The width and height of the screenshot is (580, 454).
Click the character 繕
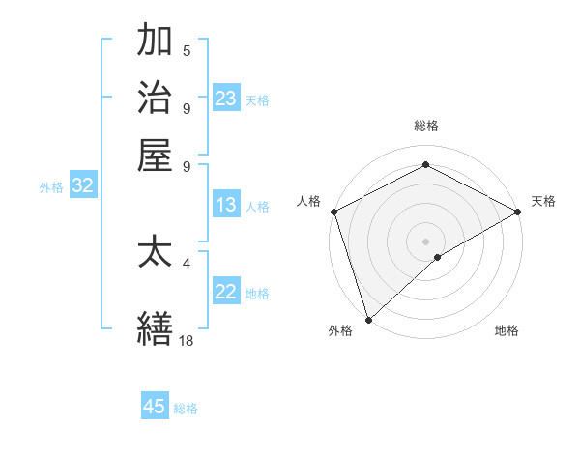coord(155,327)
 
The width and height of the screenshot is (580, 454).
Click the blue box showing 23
coord(226,98)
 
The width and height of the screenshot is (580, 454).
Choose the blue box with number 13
coord(226,205)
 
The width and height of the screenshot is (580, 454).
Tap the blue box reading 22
coord(226,292)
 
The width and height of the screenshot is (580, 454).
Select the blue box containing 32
coord(82,186)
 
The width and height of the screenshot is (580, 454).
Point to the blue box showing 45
coord(155,407)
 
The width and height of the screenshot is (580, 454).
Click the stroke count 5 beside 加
coord(187,50)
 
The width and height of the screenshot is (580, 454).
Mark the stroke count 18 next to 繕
coord(187,340)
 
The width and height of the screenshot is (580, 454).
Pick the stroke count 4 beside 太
coord(187,262)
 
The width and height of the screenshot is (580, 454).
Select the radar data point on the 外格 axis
coord(368,320)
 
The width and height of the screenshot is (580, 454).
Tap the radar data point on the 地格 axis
coord(438,257)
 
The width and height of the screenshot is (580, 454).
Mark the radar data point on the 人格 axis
coord(333,212)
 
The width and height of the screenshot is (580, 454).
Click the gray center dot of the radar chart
coord(425,241)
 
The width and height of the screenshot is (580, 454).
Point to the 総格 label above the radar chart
coord(425,126)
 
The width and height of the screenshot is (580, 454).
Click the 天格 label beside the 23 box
coord(257,100)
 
